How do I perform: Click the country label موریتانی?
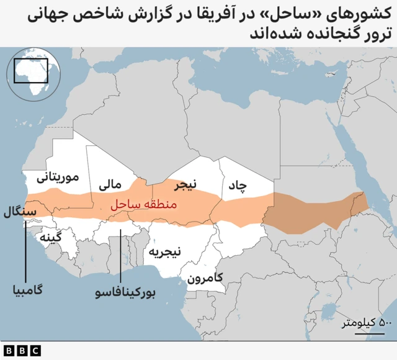click(x=58, y=178)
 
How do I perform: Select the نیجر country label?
click(x=184, y=185)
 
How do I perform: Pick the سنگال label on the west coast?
click(x=20, y=212)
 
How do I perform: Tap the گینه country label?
click(x=50, y=238)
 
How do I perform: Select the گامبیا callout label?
click(x=26, y=290)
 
